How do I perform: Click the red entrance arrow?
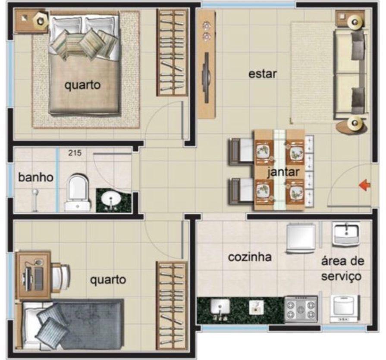click(364, 185)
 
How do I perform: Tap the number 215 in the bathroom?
click(75, 153)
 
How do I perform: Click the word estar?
click(262, 74)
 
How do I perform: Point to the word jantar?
click(283, 172)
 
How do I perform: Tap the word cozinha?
click(250, 257)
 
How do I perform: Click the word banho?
click(36, 177)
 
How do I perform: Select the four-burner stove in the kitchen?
click(301, 309)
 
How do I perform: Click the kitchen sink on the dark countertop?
click(220, 307)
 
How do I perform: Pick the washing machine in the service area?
click(345, 309)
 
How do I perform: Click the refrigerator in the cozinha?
click(301, 238)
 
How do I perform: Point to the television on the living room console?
click(206, 77)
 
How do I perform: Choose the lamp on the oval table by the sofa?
click(355, 123)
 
